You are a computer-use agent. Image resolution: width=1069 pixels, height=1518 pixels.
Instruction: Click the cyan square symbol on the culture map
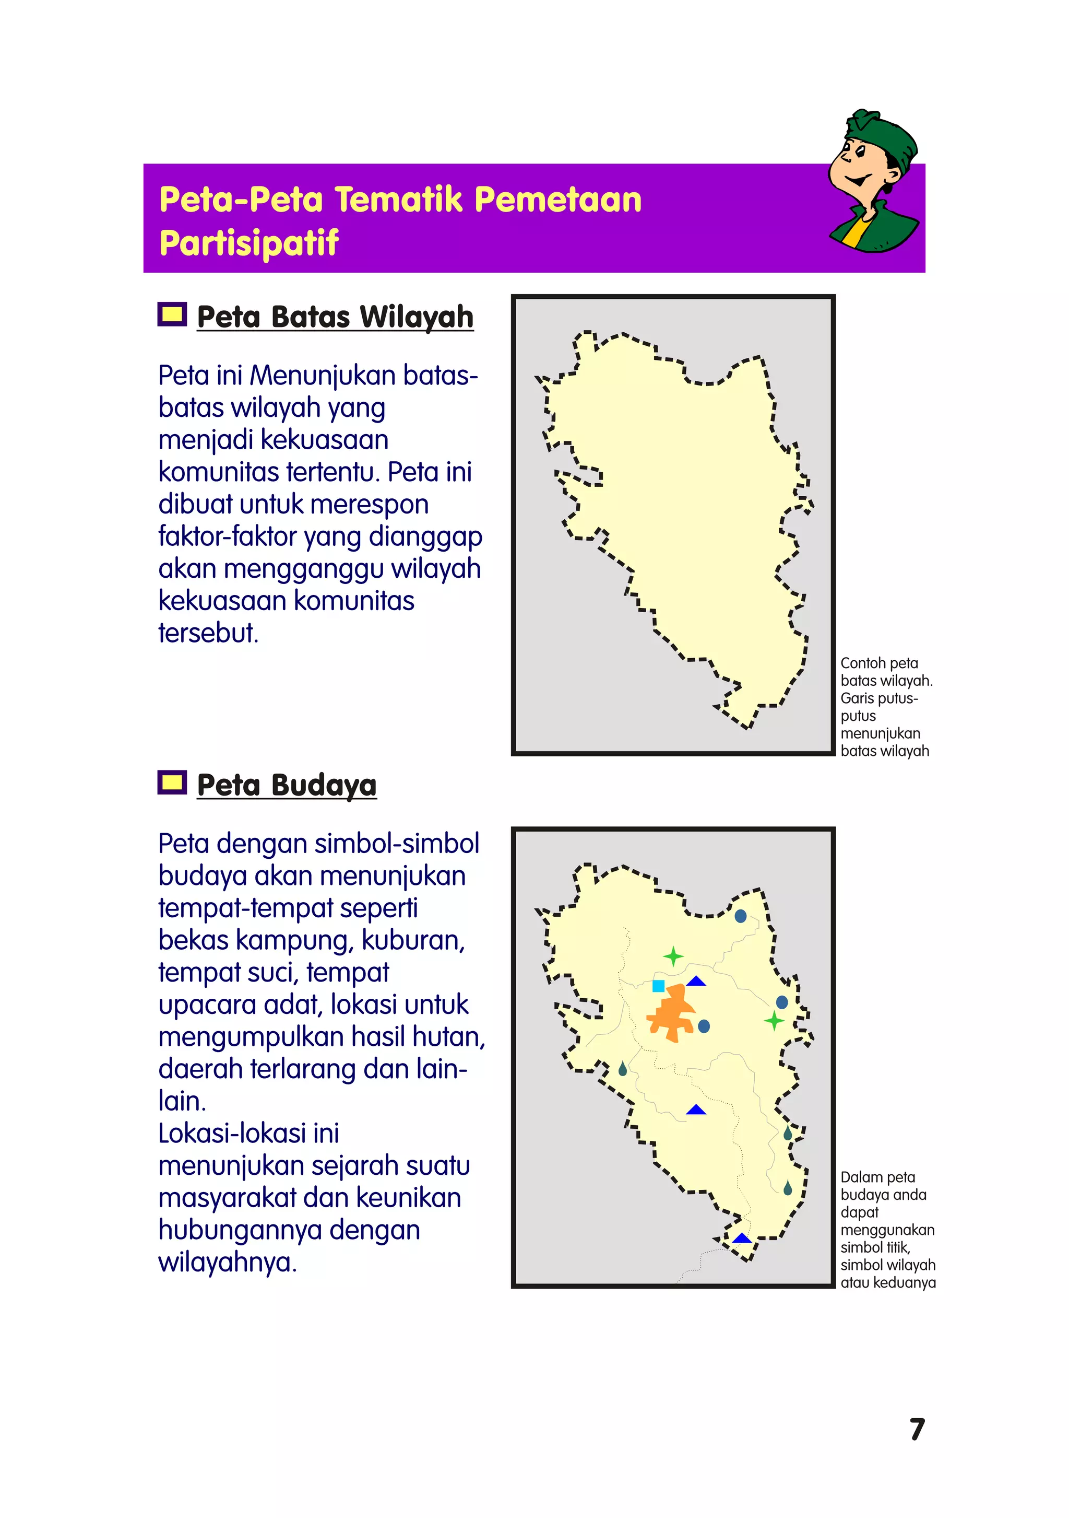click(658, 986)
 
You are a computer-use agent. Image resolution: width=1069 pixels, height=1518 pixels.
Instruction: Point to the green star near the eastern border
click(774, 1021)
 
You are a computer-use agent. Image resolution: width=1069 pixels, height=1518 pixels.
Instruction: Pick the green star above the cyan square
click(673, 956)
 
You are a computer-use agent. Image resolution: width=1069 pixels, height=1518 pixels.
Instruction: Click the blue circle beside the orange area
click(704, 1026)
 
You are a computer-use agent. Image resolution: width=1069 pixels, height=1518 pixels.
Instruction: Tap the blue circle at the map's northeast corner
click(741, 916)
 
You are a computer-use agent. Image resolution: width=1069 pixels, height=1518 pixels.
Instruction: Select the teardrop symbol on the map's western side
click(622, 1069)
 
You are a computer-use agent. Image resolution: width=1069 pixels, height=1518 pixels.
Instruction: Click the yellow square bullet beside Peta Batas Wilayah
click(172, 314)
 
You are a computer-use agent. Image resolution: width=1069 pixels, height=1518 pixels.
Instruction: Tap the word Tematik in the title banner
click(398, 200)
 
